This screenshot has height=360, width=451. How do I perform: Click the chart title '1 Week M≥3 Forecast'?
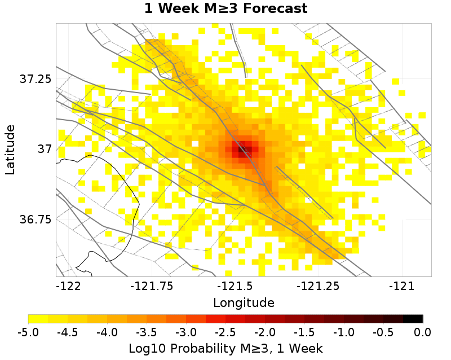click(x=225, y=9)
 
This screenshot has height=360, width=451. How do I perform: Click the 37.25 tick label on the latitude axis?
click(x=36, y=79)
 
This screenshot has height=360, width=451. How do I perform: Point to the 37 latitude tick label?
click(x=44, y=149)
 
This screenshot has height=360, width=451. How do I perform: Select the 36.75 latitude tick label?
click(x=36, y=219)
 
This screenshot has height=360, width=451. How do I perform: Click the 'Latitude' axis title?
click(x=10, y=150)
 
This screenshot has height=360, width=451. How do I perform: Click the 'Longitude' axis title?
click(x=244, y=302)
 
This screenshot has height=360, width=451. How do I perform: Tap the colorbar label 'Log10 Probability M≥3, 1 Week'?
click(x=225, y=346)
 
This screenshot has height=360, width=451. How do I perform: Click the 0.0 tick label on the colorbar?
click(x=423, y=331)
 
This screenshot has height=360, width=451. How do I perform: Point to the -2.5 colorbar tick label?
click(x=225, y=331)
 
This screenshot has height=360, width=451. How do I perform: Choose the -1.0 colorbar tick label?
click(x=344, y=331)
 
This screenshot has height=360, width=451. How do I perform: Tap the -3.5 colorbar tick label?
click(x=147, y=331)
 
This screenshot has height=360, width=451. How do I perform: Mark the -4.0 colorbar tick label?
click(x=108, y=331)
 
